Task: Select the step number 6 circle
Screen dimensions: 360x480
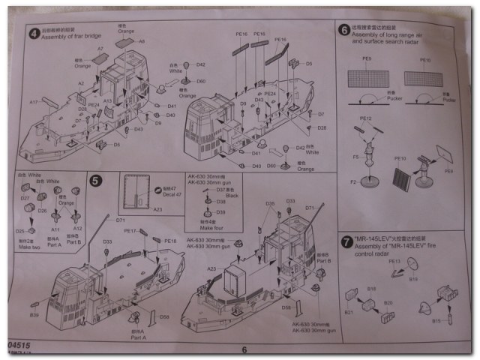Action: (x=344, y=31)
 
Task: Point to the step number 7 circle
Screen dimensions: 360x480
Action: (x=344, y=243)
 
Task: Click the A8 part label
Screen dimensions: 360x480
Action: (x=140, y=42)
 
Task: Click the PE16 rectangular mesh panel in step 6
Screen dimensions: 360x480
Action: (x=425, y=77)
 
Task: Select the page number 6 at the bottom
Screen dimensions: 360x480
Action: (x=244, y=349)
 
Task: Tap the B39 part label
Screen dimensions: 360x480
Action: (x=34, y=305)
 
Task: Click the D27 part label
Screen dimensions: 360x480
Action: (x=25, y=199)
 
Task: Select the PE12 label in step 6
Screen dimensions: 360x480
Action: (x=366, y=119)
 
